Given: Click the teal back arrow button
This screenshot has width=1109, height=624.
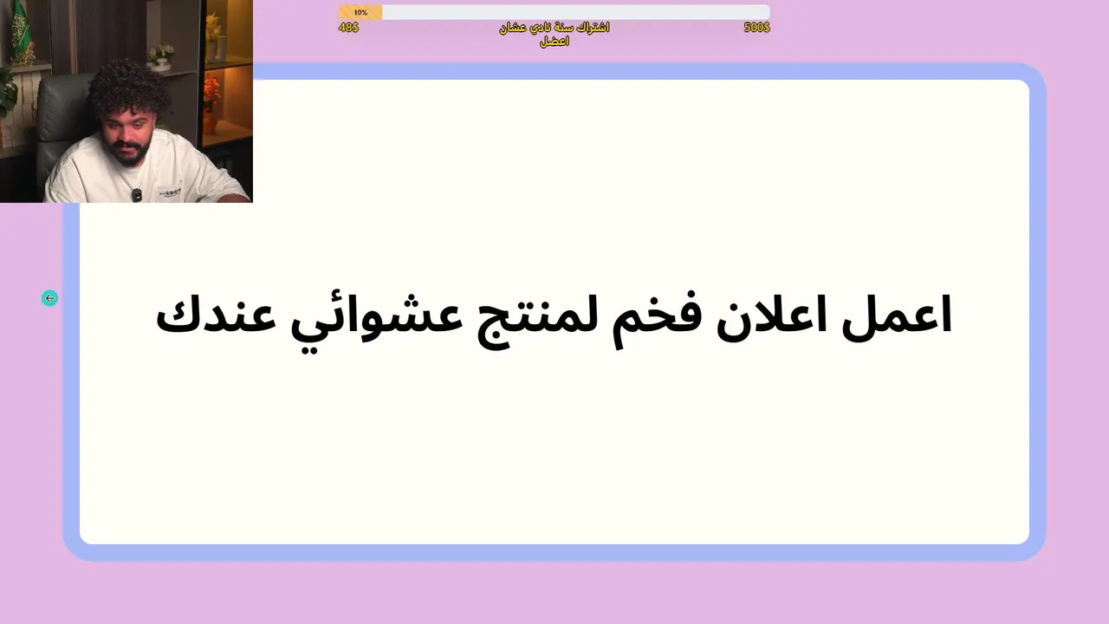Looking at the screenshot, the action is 49,298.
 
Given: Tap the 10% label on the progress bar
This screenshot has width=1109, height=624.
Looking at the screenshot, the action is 360,12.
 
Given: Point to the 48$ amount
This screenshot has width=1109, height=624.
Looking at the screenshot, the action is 348,27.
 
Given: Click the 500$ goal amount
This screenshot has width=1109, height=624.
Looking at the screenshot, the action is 756,27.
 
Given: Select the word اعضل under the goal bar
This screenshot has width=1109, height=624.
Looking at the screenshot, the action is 554,42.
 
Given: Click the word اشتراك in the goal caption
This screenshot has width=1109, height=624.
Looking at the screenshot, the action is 592,27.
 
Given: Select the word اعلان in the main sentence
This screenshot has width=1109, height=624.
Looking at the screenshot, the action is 771,315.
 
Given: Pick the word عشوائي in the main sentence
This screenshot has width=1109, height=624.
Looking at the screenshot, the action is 376,322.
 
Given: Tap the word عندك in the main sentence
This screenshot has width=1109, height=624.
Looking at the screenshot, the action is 216,313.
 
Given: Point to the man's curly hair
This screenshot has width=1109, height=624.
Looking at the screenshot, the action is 127,88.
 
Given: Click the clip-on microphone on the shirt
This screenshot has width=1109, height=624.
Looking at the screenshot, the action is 136,195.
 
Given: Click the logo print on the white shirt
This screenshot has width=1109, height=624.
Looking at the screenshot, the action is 170,192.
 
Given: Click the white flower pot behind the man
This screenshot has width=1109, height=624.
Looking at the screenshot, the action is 160,64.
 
